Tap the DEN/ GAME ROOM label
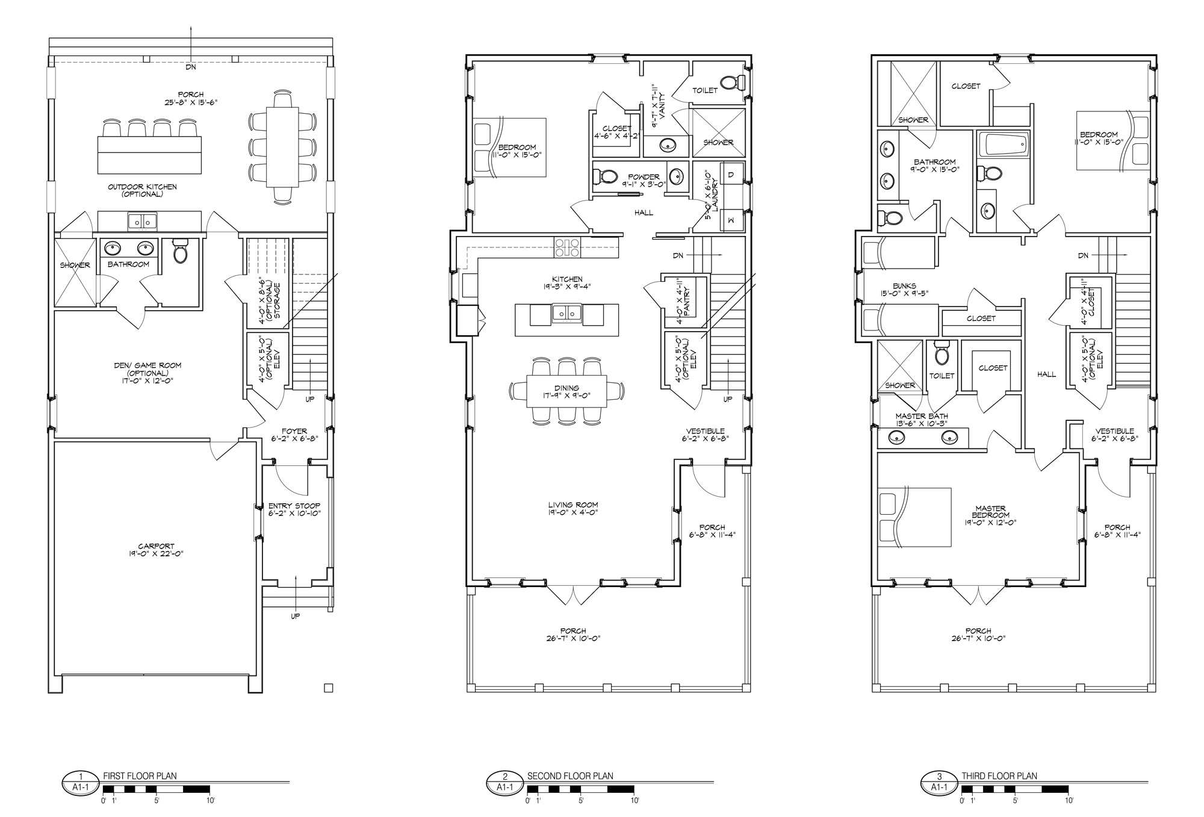(x=147, y=365)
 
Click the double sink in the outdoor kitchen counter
(x=142, y=221)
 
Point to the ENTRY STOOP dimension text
(x=294, y=514)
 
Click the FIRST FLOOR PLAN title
(x=140, y=776)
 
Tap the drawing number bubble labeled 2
(x=504, y=776)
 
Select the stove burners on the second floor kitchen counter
(x=567, y=247)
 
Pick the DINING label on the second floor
(x=566, y=388)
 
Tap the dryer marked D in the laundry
(x=731, y=175)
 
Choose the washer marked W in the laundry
(x=731, y=221)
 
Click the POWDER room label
(x=644, y=177)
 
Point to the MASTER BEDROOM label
(x=991, y=512)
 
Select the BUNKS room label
(x=904, y=286)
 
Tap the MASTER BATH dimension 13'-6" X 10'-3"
(x=922, y=424)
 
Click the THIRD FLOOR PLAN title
(x=999, y=776)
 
